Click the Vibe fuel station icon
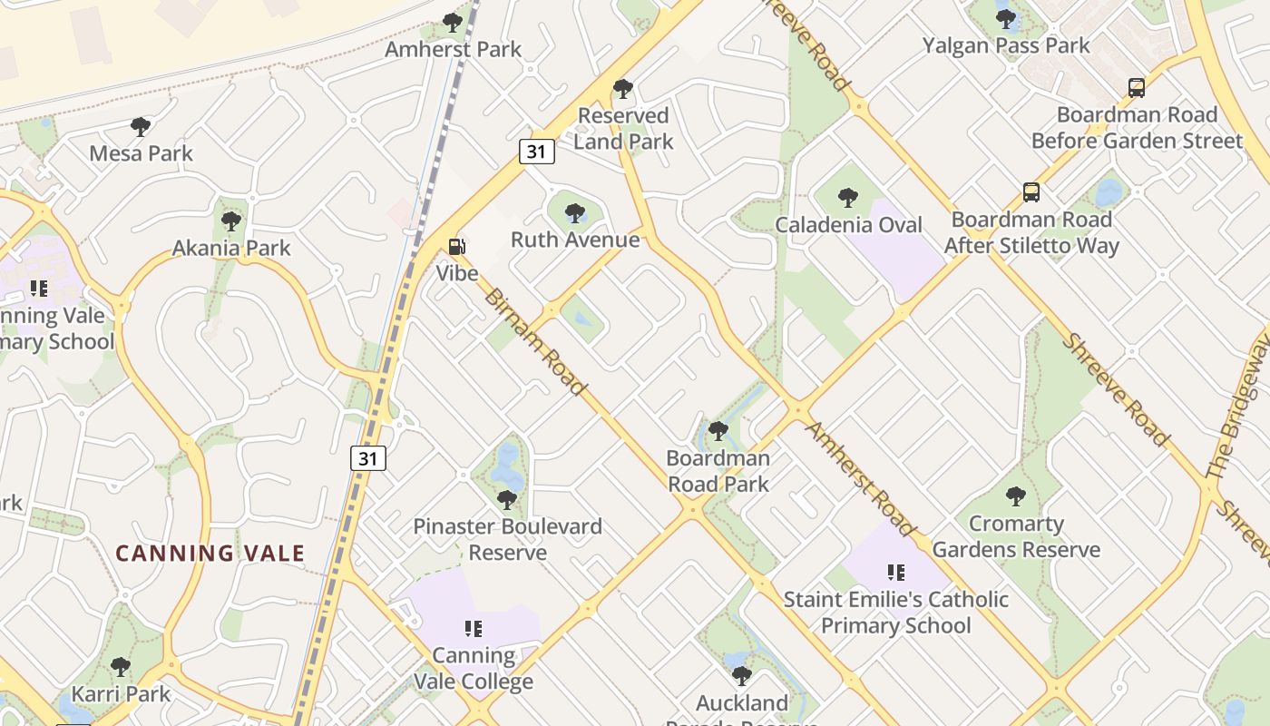pos(457,246)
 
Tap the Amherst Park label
pos(453,49)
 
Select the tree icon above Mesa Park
pos(140,126)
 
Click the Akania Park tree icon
pos(231,221)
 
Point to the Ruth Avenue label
pos(575,240)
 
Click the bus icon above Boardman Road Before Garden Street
pos(1137,88)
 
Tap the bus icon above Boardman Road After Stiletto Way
pos(1031,192)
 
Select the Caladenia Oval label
pos(848,224)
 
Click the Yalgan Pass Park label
pos(1006,44)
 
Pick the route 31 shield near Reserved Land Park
pos(537,152)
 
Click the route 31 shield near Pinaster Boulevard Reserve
pos(368,458)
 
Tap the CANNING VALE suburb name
pos(210,553)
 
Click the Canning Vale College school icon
pos(473,628)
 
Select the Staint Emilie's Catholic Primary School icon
pos(896,573)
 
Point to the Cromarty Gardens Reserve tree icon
pos(1016,496)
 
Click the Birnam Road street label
pos(534,342)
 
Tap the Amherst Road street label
pos(859,478)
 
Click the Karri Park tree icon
pos(120,668)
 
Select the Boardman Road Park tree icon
pos(718,431)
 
